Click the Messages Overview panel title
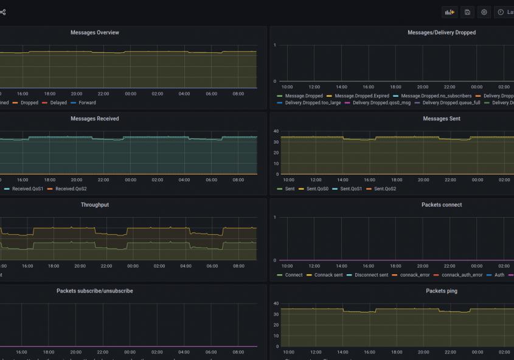pyautogui.click(x=95, y=32)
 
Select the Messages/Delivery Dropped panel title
pyautogui.click(x=442, y=32)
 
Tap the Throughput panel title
pyautogui.click(x=95, y=205)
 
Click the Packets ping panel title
pyautogui.click(x=442, y=291)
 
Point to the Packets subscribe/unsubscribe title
pyautogui.click(x=95, y=291)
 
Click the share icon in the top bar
pyautogui.click(x=3, y=12)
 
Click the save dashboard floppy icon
pyautogui.click(x=467, y=12)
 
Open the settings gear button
pyautogui.click(x=484, y=12)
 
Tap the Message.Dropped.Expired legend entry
pyautogui.click(x=362, y=96)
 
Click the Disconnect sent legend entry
pyautogui.click(x=372, y=275)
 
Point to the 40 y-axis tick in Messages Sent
pyautogui.click(x=276, y=131)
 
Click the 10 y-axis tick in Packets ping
pyautogui.click(x=276, y=336)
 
